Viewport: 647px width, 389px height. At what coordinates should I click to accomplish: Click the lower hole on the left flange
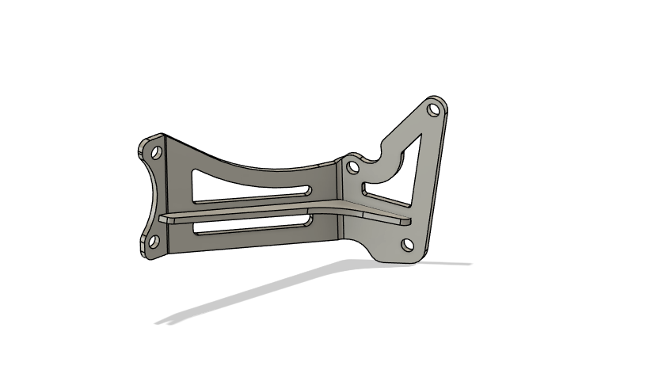(x=154, y=240)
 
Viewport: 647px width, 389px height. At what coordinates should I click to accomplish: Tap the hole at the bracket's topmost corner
(x=432, y=109)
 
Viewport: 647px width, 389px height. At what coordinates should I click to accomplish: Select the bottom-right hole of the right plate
(x=407, y=244)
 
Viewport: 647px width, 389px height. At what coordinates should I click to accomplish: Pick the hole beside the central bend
(x=351, y=166)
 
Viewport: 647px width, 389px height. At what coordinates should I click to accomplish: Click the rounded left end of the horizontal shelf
(x=163, y=215)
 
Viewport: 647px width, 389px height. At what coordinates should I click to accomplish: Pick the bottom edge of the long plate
(x=253, y=246)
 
